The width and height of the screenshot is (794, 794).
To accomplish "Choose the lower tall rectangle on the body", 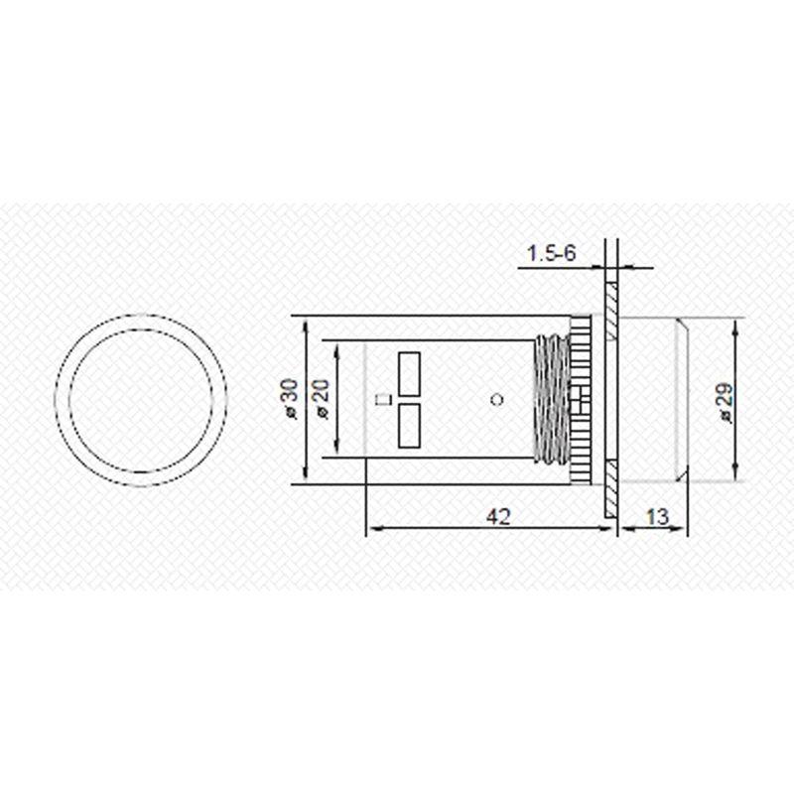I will point(409,427).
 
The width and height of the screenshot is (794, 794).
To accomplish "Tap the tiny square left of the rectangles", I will point(382,400).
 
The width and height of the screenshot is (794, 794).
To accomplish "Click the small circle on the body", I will point(498,399).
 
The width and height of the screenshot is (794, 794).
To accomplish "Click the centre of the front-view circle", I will point(141,402).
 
